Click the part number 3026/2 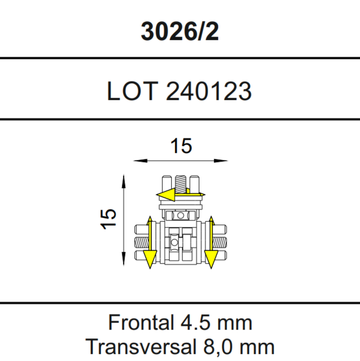click(x=179, y=31)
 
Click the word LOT click(x=132, y=91)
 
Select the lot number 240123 click(x=209, y=91)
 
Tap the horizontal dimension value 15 click(x=181, y=146)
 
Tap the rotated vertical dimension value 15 click(x=108, y=219)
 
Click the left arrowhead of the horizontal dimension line click(x=140, y=161)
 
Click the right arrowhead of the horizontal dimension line click(x=221, y=161)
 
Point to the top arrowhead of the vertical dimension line click(x=124, y=182)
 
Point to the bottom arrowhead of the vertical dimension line click(x=124, y=259)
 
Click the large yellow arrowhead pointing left click(x=166, y=195)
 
